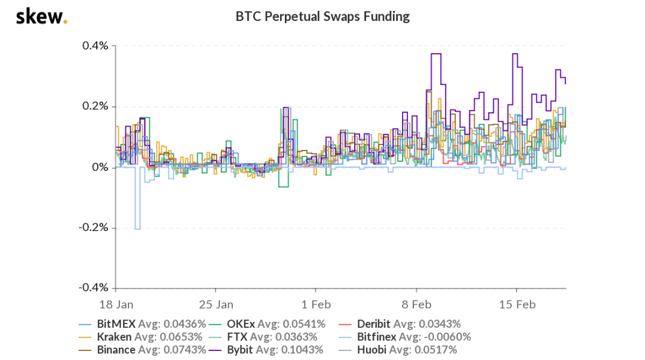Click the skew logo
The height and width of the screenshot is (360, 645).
pyautogui.click(x=41, y=17)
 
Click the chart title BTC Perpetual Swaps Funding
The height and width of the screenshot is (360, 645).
pyautogui.click(x=322, y=17)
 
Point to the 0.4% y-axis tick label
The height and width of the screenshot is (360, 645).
pyautogui.click(x=95, y=46)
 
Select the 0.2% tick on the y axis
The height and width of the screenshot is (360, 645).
pyautogui.click(x=95, y=107)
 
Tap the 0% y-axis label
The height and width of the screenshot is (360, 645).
pyautogui.click(x=99, y=168)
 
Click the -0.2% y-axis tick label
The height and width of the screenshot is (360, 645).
pyautogui.click(x=94, y=228)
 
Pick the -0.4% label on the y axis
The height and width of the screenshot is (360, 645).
pyautogui.click(x=94, y=288)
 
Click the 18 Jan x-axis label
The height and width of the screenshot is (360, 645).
pyautogui.click(x=116, y=304)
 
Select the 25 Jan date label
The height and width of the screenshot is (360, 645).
pyautogui.click(x=216, y=304)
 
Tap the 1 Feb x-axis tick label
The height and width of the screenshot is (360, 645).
pyautogui.click(x=316, y=304)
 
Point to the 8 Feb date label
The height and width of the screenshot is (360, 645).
pyautogui.click(x=416, y=304)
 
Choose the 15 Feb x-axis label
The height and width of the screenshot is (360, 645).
pyautogui.click(x=517, y=304)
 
